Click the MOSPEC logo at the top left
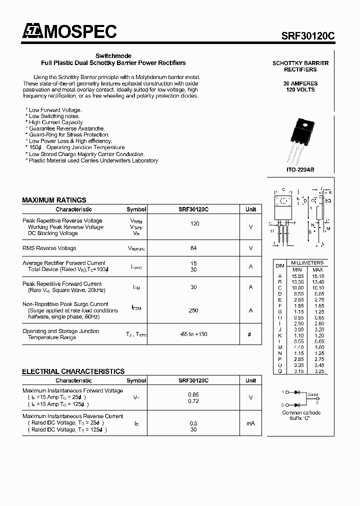coord(69,31)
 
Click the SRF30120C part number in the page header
coord(308,35)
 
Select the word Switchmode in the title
coord(113,56)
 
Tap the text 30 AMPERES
coord(300,83)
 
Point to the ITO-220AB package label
coord(300,170)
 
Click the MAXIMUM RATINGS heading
coord(54,200)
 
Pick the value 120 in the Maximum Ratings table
coord(194,224)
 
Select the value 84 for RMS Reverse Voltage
coord(194,248)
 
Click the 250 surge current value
coord(194,310)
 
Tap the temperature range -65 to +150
coord(194,334)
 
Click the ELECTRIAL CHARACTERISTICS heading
coord(73,371)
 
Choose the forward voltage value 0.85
coord(194,395)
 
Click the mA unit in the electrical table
coord(250,423)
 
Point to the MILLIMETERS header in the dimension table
coord(307,263)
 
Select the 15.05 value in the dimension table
coord(297,276)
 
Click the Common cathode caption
coord(301,412)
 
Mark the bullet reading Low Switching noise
coord(54,116)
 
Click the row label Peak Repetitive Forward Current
coord(62,283)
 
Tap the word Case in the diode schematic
coord(312,395)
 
